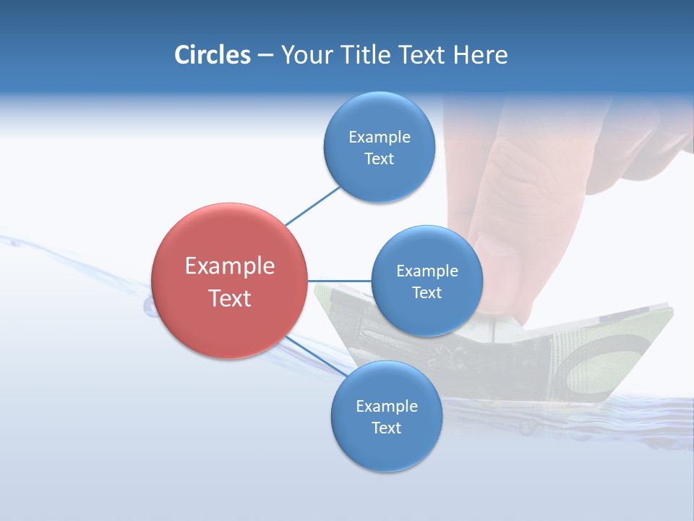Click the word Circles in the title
(x=212, y=54)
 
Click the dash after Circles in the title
(x=265, y=56)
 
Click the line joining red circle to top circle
(x=312, y=206)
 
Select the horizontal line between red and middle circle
(x=339, y=281)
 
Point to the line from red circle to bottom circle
(x=315, y=355)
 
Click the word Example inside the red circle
(x=229, y=266)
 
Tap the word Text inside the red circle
(x=229, y=298)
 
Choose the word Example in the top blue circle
(x=379, y=137)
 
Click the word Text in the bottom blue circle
(x=386, y=428)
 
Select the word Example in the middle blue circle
(x=427, y=271)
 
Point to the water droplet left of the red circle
(x=150, y=308)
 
